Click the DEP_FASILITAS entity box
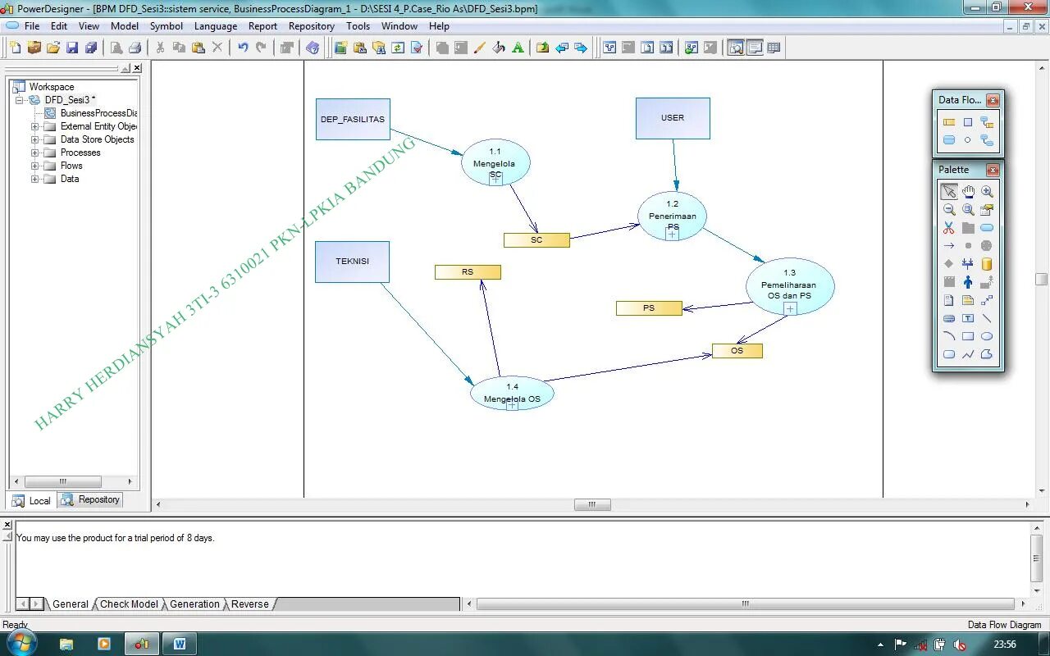coord(353,119)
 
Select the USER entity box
coord(673,118)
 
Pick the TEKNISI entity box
coord(352,262)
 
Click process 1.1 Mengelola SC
coord(495,162)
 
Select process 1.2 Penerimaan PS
coord(672,216)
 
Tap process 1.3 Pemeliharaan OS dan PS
coord(790,285)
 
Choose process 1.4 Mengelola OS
coord(512,393)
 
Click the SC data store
coord(536,240)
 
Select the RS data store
coord(468,272)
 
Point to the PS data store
coord(649,308)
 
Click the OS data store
coord(737,351)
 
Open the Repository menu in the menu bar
coord(311,26)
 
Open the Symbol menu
coord(166,26)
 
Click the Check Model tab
coord(129,604)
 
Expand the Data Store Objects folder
coord(35,139)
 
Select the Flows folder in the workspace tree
coord(71,166)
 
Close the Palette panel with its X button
coord(993,170)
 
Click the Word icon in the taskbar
coord(180,644)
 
